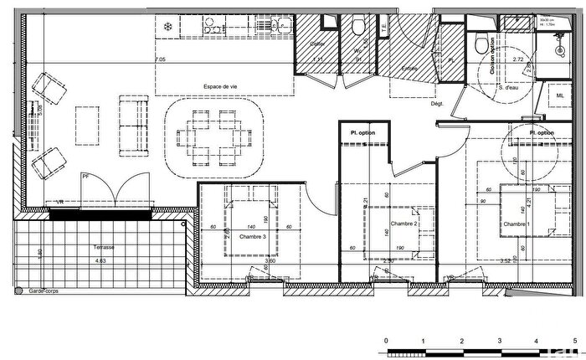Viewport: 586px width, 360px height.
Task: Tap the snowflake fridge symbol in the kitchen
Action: pos(167,26)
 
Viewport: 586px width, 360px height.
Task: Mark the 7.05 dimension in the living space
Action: pos(160,60)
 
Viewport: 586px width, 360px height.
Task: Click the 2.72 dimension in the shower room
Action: pos(518,60)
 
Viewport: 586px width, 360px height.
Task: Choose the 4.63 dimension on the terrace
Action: pos(101,260)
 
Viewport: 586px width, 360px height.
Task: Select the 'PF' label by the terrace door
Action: pos(85,175)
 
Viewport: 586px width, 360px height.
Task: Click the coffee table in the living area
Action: pos(88,124)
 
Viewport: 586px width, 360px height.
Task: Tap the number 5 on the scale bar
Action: pos(573,341)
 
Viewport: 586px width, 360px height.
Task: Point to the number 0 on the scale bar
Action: pos(385,341)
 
